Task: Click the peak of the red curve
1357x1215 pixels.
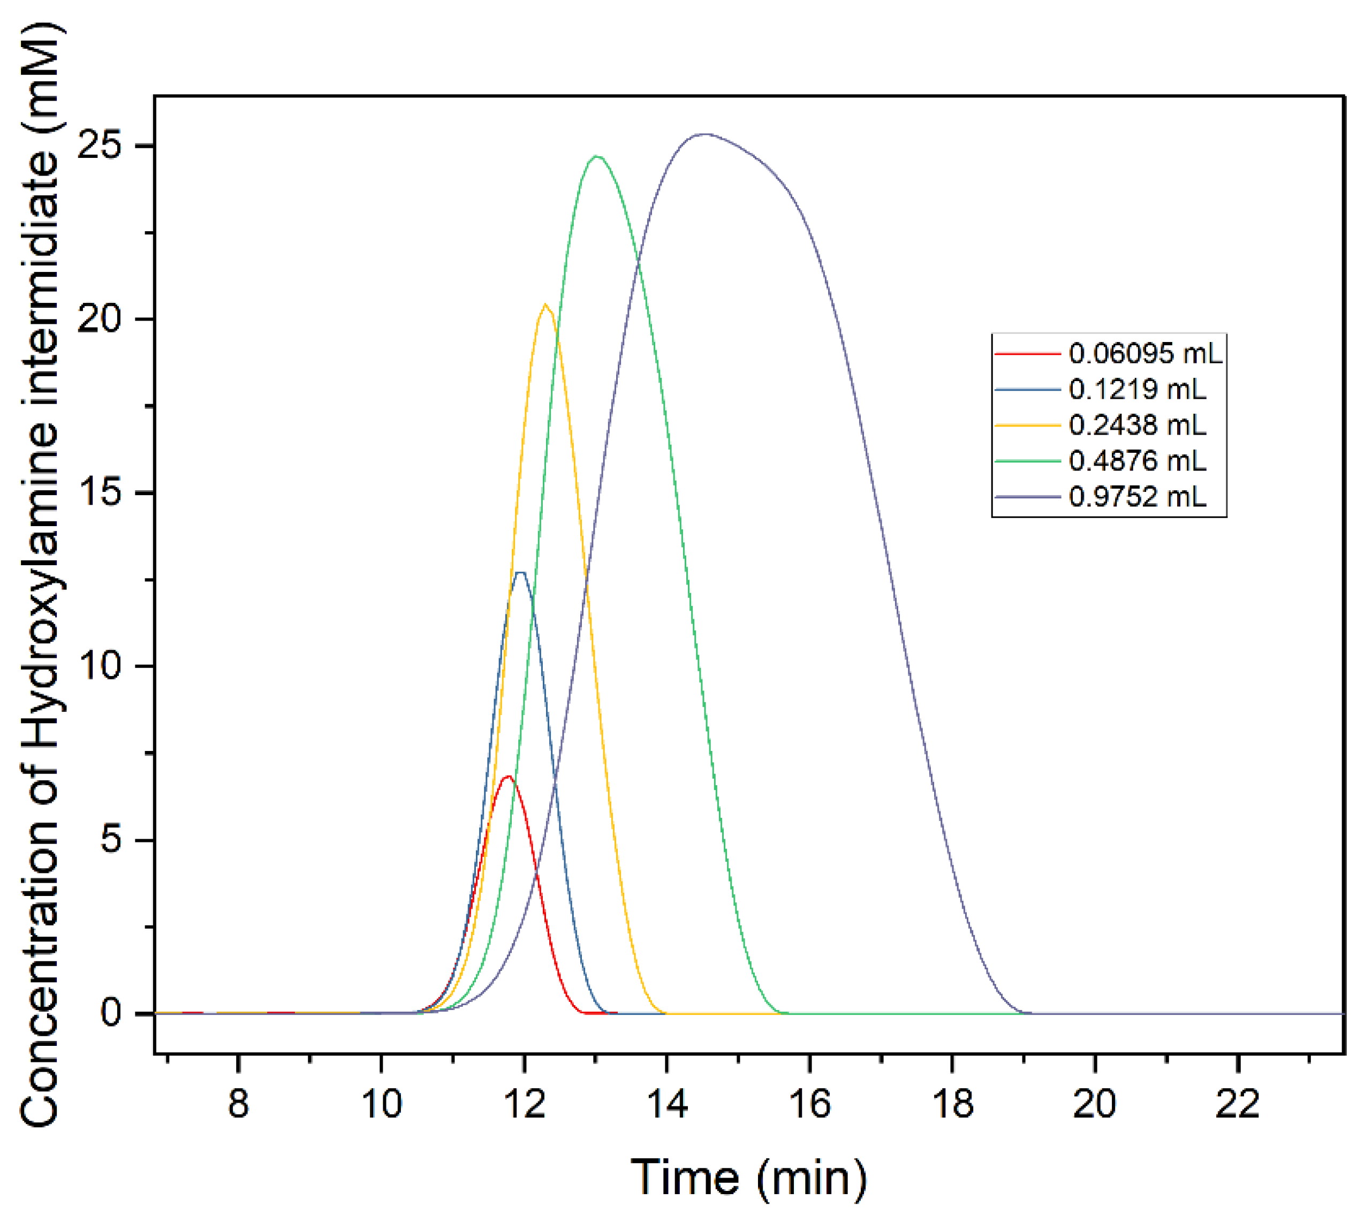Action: pos(509,777)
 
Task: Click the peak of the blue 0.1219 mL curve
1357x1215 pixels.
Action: pos(521,573)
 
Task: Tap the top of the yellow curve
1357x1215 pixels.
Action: pos(545,305)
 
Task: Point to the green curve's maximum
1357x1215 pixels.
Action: pos(597,157)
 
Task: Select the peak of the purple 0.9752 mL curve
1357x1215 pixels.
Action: pos(705,134)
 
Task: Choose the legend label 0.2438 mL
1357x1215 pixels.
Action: pos(1138,424)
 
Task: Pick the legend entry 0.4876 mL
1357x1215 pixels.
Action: pos(1138,461)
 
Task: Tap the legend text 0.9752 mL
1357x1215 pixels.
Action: pos(1138,497)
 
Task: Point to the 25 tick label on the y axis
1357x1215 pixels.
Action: pos(100,146)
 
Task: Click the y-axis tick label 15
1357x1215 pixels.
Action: pos(100,492)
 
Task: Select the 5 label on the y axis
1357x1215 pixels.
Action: pos(111,840)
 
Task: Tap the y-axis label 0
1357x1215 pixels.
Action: pos(111,1013)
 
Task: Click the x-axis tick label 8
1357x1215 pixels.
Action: pos(238,1104)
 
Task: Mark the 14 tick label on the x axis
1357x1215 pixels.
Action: pos(667,1104)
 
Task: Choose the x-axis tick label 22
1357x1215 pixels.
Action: pos(1238,1104)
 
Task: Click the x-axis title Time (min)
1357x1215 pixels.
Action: pos(748,1177)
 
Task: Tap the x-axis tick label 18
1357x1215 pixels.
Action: pos(952,1104)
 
